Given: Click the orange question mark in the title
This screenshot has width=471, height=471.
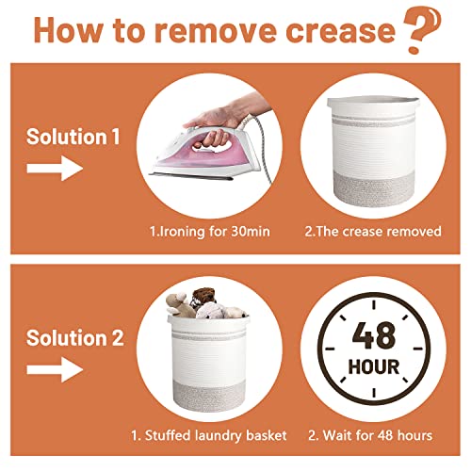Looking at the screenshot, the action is point(422,30).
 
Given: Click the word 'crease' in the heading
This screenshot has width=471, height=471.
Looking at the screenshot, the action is point(340,31).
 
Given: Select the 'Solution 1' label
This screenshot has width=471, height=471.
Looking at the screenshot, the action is point(73,137).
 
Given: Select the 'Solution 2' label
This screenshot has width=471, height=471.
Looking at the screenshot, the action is point(75,338).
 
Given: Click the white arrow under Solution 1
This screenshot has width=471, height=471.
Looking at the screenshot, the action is point(55,169).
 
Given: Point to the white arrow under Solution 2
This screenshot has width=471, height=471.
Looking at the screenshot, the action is point(55,369).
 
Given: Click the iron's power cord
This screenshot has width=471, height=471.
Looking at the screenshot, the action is point(262,148).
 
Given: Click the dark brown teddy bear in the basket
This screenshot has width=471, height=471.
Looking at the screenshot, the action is point(203,297).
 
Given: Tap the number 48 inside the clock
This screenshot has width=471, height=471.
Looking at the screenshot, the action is point(374,335).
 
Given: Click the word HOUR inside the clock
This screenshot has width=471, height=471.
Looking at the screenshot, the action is point(374,366).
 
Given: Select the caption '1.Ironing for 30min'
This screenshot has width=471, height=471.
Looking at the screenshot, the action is point(210,232).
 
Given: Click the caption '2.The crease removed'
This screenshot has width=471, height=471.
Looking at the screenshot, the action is point(373,232).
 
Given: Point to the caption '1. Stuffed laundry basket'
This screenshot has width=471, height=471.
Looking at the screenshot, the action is point(209,435).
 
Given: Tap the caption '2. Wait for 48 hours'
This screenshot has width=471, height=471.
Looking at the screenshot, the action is point(370,435).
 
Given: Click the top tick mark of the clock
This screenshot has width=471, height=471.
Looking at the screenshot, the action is point(374,305).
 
